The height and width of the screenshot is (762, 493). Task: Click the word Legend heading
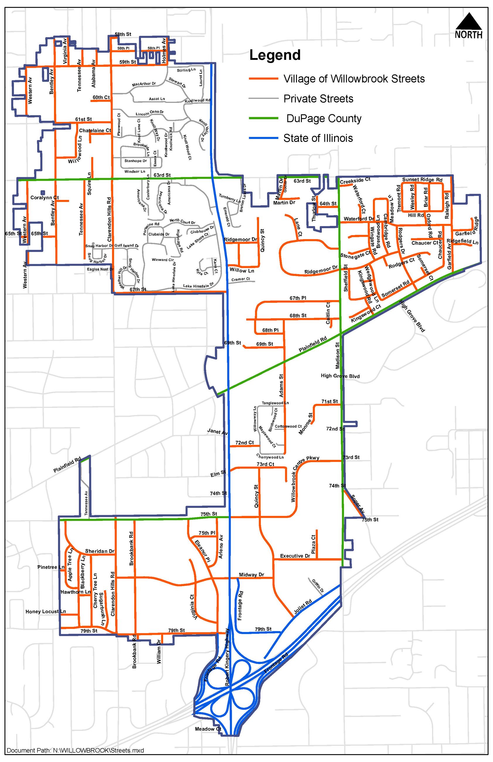point(275,55)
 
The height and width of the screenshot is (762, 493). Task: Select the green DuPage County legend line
point(263,118)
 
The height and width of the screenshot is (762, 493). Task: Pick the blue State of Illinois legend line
point(263,138)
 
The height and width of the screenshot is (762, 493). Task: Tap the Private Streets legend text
point(318,98)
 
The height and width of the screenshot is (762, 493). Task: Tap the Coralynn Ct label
point(45,198)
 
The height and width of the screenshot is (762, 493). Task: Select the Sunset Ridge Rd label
point(422,180)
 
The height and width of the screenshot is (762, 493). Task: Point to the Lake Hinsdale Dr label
point(198,285)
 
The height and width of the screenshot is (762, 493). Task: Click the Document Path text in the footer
point(75,750)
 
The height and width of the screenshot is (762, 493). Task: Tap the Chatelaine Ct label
point(95,131)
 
